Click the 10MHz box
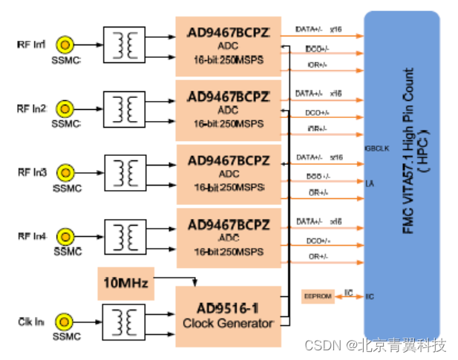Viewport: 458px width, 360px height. coord(125,284)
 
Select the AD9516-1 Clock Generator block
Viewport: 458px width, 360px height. coord(228,316)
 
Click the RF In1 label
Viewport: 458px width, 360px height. coord(32,45)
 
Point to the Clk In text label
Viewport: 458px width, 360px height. coord(31,321)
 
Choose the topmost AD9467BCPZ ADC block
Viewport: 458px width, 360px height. coord(228,47)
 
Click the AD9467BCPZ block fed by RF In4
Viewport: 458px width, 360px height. coord(228,237)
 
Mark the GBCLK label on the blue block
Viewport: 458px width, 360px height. coord(376,148)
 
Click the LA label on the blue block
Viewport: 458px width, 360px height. coord(370,182)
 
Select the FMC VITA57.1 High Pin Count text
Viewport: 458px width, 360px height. coord(409,152)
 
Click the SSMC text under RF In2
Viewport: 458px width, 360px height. coord(65,122)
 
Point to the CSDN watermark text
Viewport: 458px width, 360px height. coord(384,345)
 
